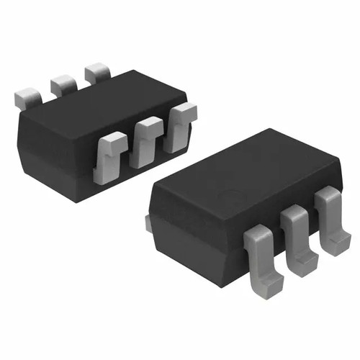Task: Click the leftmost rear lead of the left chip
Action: click(x=28, y=96)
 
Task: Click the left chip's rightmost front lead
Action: click(x=179, y=122)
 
